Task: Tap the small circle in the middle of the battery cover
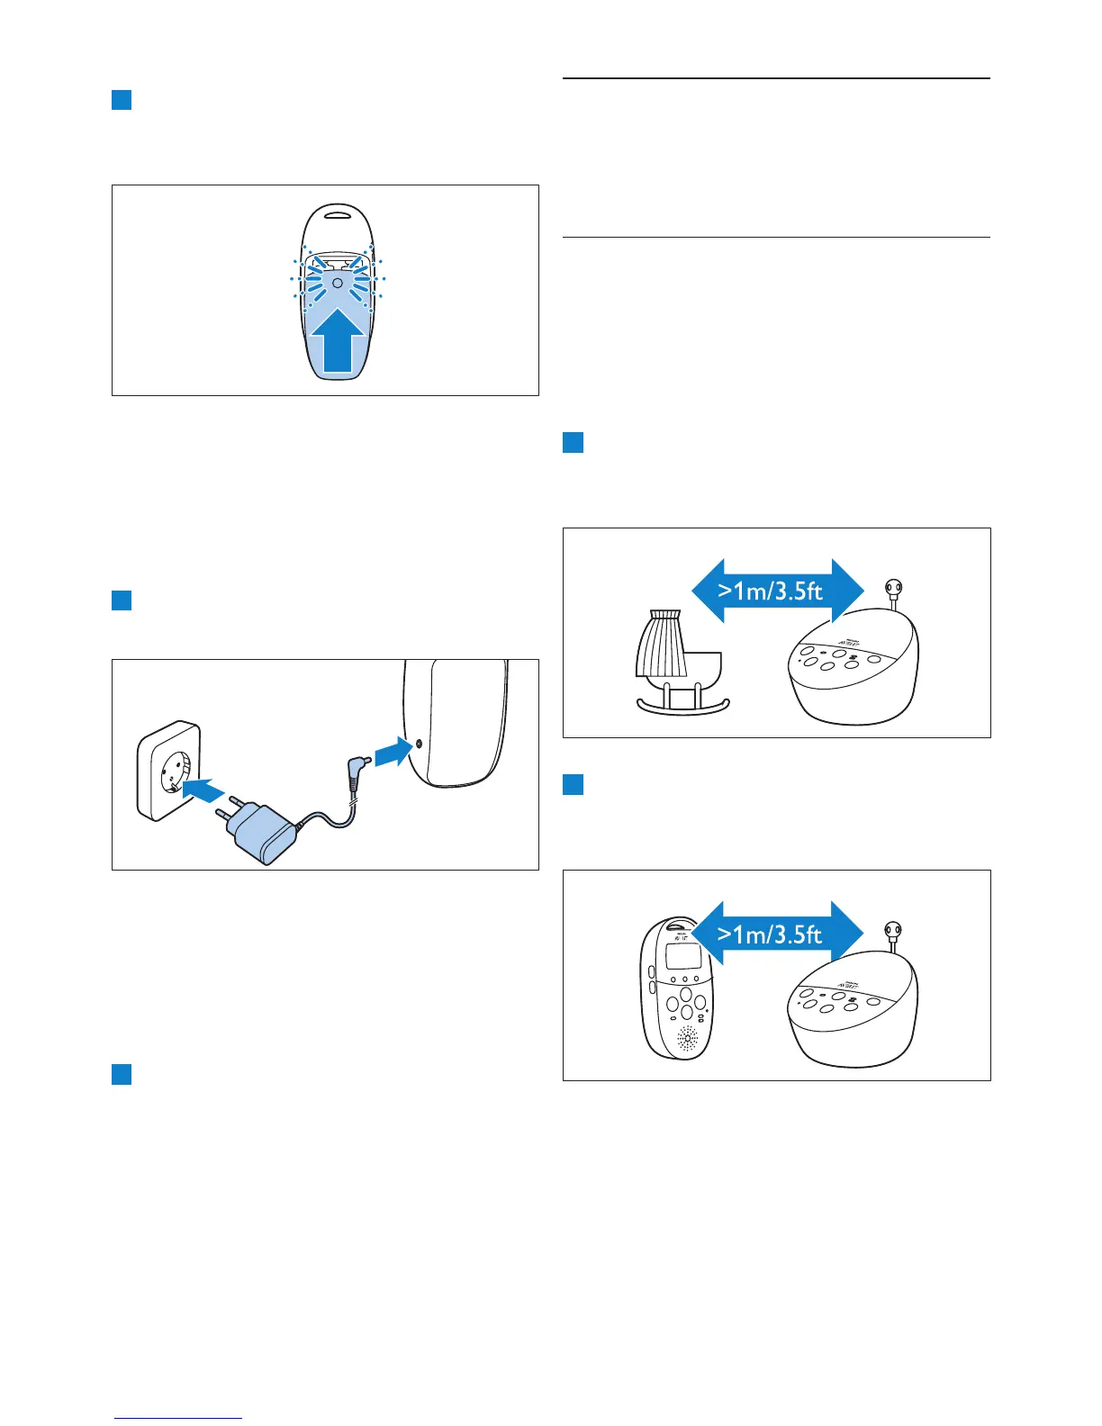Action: coord(338,283)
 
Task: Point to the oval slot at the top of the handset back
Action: coord(338,215)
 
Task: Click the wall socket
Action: coord(168,769)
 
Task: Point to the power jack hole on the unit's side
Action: coord(419,745)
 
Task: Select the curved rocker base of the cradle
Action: coord(683,706)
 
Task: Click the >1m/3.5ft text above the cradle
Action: coord(771,591)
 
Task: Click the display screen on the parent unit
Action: coord(682,959)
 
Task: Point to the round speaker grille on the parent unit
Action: coord(687,1040)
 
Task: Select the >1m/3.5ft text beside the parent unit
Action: coord(771,934)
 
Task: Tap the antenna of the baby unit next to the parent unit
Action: coord(893,934)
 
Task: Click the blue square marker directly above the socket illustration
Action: coord(122,600)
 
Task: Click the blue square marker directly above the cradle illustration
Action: coord(573,442)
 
